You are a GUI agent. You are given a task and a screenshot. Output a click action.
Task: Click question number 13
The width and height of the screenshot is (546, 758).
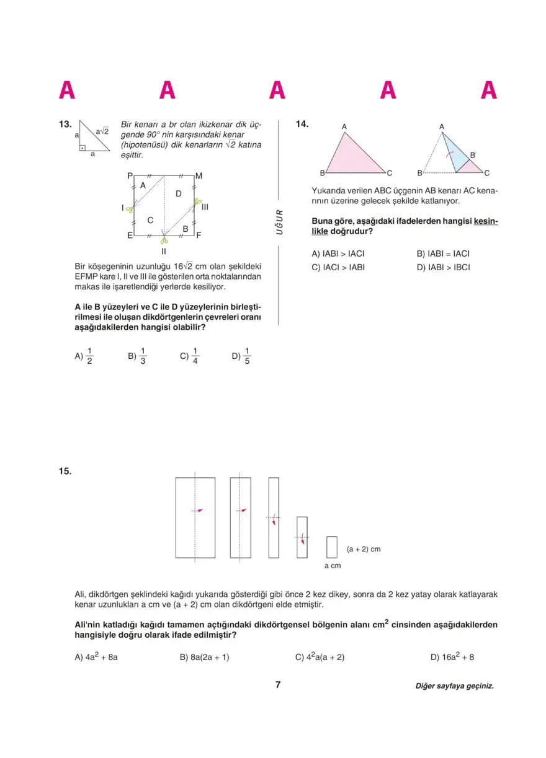(x=65, y=125)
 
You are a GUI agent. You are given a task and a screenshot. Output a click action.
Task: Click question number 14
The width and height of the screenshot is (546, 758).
(x=302, y=125)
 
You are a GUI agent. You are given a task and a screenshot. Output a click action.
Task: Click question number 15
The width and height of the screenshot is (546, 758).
(x=65, y=472)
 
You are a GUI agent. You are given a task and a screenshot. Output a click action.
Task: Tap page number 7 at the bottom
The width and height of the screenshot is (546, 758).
(x=278, y=685)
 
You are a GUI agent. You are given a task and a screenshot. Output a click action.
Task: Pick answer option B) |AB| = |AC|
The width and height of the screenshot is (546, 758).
(x=443, y=253)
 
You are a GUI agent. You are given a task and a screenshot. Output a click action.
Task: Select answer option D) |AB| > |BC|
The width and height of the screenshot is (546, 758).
(x=444, y=267)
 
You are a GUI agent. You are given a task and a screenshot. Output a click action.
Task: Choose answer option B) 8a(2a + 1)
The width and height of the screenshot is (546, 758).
(x=204, y=657)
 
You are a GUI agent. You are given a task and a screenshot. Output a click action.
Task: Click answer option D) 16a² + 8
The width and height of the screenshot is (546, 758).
(x=452, y=657)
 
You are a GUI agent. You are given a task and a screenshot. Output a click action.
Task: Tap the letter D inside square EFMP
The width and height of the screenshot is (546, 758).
(x=178, y=194)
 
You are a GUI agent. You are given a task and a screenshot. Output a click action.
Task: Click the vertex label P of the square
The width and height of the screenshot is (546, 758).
(x=130, y=176)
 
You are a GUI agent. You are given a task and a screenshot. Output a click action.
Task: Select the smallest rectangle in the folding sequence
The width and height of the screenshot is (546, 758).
(x=332, y=547)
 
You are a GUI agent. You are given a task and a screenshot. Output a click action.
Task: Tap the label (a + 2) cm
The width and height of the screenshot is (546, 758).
(x=364, y=549)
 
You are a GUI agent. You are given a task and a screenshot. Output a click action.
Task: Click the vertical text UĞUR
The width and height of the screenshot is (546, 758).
(x=280, y=222)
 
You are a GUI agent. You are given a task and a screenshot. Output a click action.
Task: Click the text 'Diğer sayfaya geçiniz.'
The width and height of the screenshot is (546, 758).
(x=455, y=686)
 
